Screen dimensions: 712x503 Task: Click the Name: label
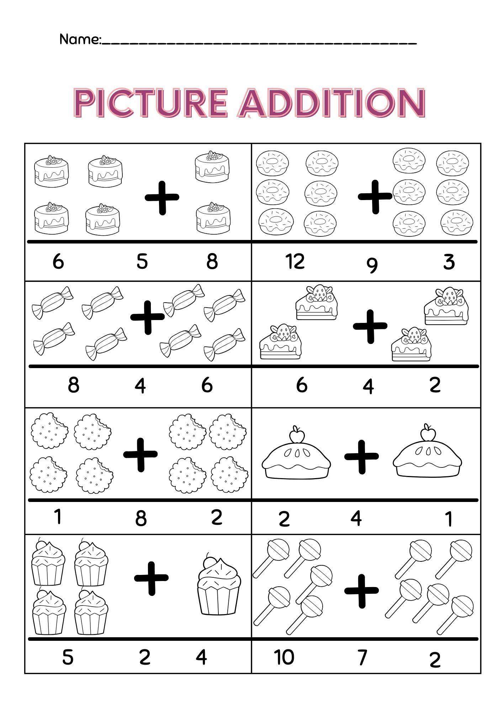click(x=80, y=39)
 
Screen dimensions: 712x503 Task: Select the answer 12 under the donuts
click(x=295, y=262)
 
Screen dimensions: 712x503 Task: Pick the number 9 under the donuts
click(x=372, y=265)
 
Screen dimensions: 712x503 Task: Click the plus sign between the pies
click(x=361, y=457)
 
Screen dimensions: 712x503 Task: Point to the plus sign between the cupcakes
click(x=151, y=578)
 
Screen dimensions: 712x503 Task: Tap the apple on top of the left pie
click(x=296, y=435)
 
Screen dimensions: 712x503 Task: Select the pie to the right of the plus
click(x=427, y=457)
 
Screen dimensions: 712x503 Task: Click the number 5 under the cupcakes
click(x=68, y=657)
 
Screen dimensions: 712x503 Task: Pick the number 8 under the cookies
click(x=141, y=519)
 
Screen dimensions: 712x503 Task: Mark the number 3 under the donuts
click(x=449, y=262)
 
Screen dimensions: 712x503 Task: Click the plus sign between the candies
click(x=148, y=318)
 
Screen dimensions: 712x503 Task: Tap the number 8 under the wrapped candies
click(x=73, y=385)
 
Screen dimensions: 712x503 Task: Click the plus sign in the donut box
click(x=375, y=197)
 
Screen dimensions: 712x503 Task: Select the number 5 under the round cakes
click(x=142, y=262)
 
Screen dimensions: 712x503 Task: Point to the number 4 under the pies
click(x=356, y=518)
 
